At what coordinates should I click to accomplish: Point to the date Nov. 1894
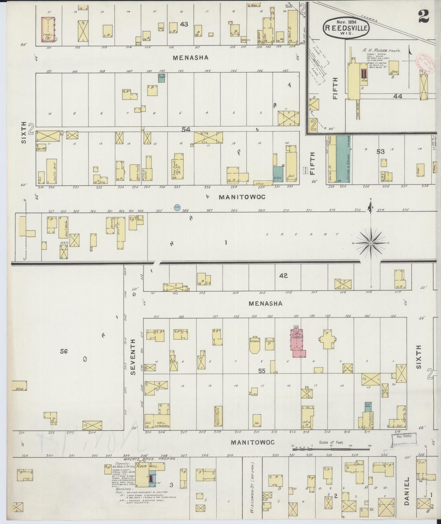(346, 22)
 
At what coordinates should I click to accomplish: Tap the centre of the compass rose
(371, 243)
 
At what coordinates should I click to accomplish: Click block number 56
(64, 351)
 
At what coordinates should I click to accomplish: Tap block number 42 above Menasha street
(284, 275)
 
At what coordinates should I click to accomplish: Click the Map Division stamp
(403, 438)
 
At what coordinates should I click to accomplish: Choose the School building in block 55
(254, 345)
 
